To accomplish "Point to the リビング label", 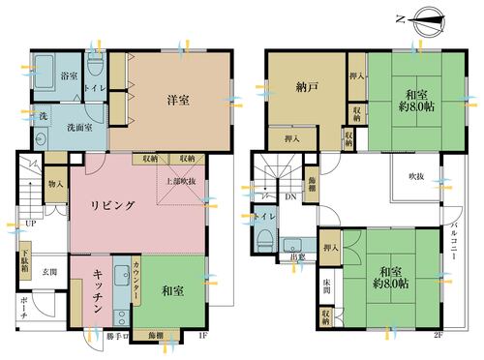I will (119, 205).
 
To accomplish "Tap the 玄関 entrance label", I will (48, 272).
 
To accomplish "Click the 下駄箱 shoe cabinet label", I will (27, 262).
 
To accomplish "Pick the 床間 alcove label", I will (330, 286).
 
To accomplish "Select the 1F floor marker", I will (202, 336).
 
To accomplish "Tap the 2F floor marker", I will (438, 336).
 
